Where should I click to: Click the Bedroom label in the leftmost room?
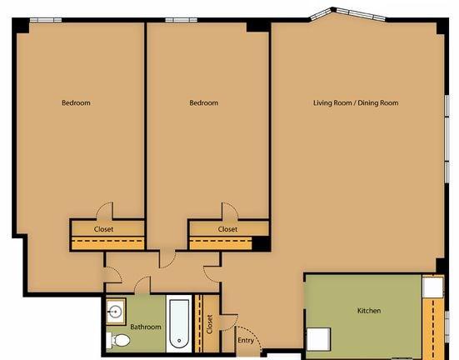[76, 102]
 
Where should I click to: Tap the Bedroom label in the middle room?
[203, 102]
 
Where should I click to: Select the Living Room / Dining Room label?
[356, 102]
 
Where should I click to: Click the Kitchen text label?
[369, 311]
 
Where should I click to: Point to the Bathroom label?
[145, 327]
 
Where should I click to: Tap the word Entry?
[246, 340]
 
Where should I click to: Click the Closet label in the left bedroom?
[103, 228]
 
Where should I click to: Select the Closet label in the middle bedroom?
[227, 228]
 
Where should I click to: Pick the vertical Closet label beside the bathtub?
[209, 323]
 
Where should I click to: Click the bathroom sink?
[116, 312]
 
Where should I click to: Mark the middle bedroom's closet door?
[226, 212]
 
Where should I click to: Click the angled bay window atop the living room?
[332, 15]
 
